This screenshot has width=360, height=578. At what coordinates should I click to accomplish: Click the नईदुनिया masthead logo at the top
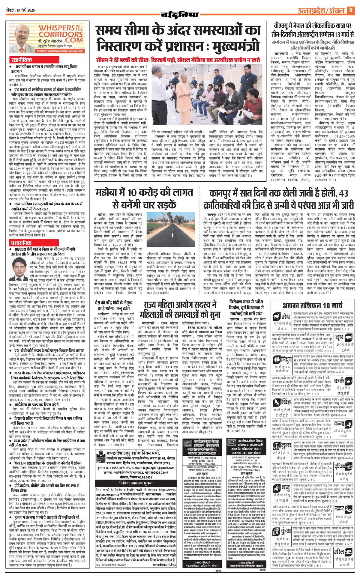pos(179,14)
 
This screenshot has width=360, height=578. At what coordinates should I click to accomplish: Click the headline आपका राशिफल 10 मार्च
pos(312,306)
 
